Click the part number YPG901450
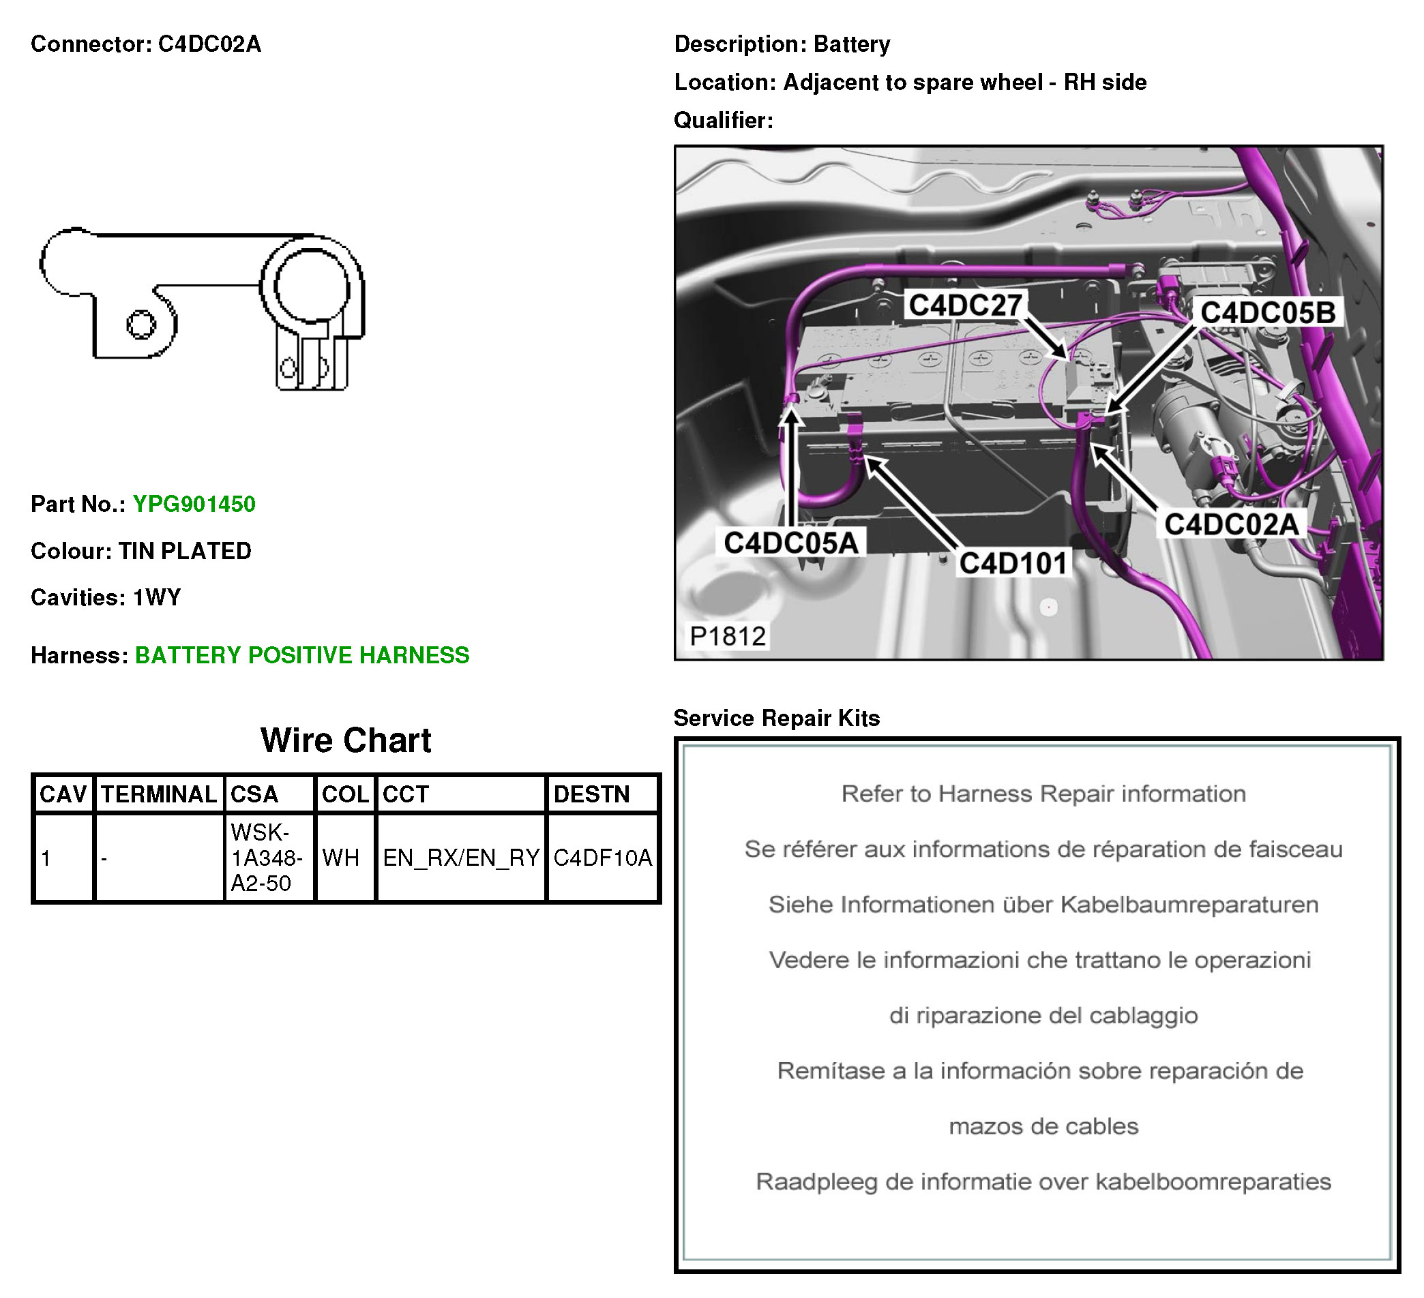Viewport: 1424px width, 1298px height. [x=194, y=504]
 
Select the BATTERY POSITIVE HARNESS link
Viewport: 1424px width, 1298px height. [x=301, y=655]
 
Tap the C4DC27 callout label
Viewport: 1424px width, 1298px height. [x=965, y=305]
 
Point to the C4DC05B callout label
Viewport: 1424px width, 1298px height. [x=1268, y=313]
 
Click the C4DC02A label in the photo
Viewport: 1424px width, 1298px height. [x=1232, y=524]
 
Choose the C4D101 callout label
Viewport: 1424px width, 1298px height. [x=1013, y=563]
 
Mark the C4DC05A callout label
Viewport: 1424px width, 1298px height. [x=791, y=543]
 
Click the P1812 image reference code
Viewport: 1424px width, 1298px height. [x=728, y=636]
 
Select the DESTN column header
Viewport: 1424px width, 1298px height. [x=591, y=794]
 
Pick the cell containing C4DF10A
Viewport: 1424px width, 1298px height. [x=602, y=858]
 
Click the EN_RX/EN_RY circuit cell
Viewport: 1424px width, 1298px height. [x=461, y=858]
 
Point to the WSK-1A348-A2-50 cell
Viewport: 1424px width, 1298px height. [x=269, y=858]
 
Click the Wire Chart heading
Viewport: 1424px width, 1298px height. [x=345, y=740]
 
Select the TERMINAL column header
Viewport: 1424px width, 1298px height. [x=159, y=794]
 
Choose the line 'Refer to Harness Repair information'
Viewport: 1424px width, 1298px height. [x=1043, y=794]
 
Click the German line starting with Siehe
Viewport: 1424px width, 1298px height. [x=1043, y=905]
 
